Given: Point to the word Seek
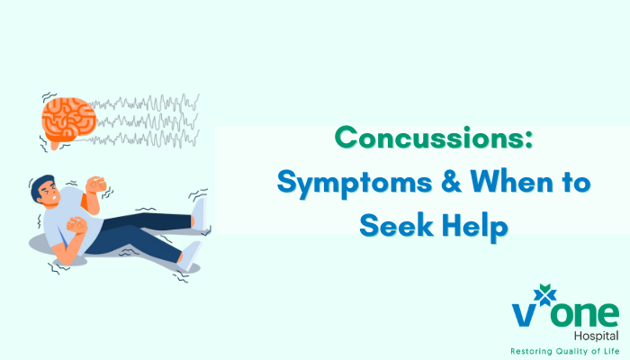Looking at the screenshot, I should click(395, 225).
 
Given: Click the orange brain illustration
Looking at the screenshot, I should click(66, 121).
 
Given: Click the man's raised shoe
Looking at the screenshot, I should click(200, 213).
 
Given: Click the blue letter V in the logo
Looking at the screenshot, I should click(523, 315).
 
